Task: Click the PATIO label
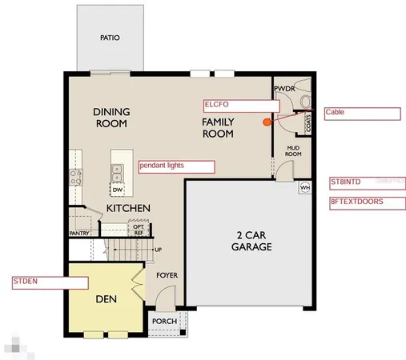tap(110, 38)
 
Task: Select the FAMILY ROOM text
tap(217, 127)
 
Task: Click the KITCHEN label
tap(129, 208)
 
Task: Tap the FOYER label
tap(166, 276)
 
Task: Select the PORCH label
tap(166, 322)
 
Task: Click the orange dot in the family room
tap(267, 122)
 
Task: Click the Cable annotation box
tap(360, 114)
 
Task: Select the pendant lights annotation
tap(177, 166)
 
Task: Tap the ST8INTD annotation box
tap(367, 183)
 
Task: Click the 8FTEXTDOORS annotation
tap(367, 202)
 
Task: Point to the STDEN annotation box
tap(49, 282)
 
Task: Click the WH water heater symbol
tap(304, 188)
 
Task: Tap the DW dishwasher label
tap(117, 190)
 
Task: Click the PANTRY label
tap(79, 234)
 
